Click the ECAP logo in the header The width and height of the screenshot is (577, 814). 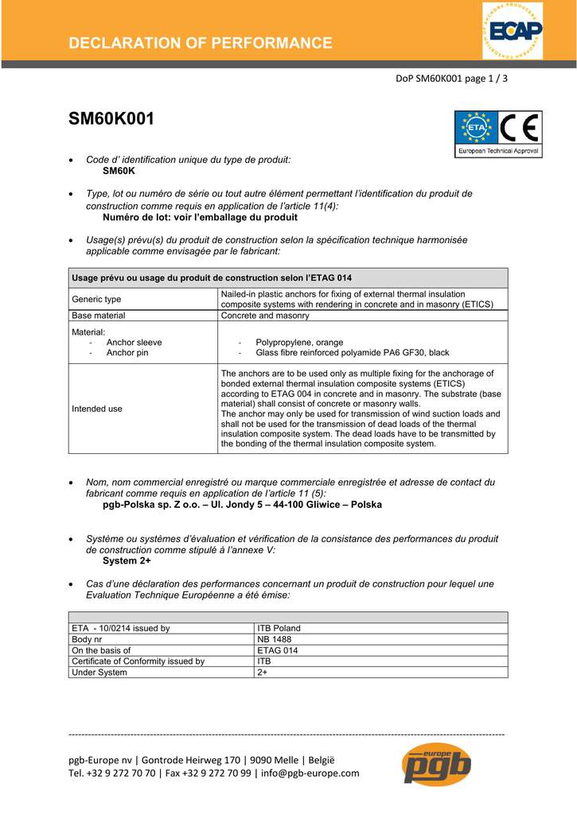[x=512, y=31]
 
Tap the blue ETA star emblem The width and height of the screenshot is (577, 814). [x=476, y=127]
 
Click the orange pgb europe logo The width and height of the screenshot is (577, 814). [x=436, y=766]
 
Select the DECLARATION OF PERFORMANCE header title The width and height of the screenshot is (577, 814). [x=201, y=43]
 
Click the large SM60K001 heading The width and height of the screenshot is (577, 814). [x=111, y=119]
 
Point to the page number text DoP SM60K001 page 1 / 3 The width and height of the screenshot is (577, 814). [x=451, y=79]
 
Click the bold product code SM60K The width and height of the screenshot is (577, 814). [x=119, y=171]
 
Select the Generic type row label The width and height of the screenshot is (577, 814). [x=96, y=299]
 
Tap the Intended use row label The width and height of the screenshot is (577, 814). [x=97, y=409]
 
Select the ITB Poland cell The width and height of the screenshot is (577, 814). [x=279, y=628]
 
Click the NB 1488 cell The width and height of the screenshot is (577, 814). [x=275, y=639]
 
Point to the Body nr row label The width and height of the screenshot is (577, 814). [x=87, y=639]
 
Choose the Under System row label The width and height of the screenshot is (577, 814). [x=99, y=673]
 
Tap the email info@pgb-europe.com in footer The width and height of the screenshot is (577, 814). [x=310, y=773]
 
